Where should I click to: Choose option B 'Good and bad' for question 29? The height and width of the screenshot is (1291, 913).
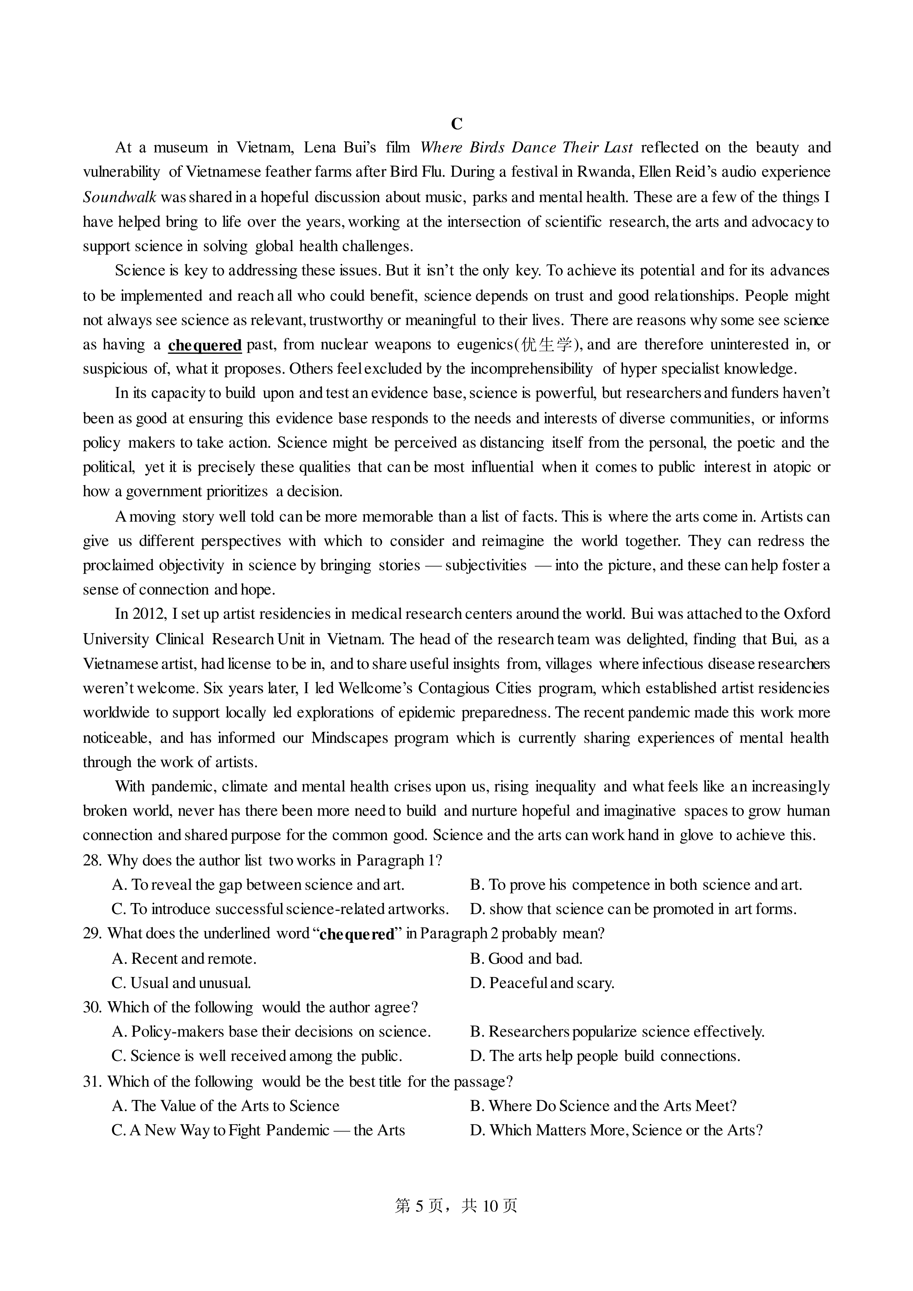(x=526, y=958)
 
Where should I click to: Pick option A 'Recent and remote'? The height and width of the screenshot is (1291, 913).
(x=184, y=958)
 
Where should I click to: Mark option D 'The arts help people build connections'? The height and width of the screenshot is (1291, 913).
(x=605, y=1056)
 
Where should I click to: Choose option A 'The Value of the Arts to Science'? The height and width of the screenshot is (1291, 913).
(x=226, y=1106)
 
